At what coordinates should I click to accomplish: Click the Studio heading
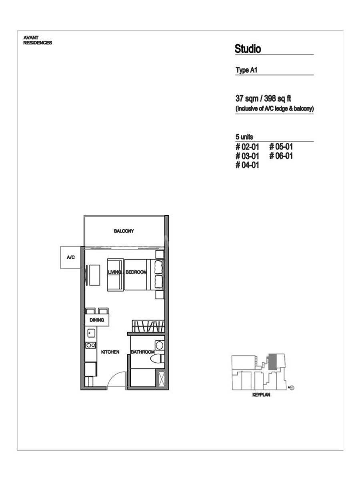point(248,49)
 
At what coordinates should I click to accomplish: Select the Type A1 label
point(246,70)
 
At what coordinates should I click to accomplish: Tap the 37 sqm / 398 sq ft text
point(263,99)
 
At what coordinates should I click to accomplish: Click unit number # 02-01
point(247,146)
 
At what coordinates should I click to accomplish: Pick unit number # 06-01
point(281,156)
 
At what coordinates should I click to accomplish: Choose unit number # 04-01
point(247,165)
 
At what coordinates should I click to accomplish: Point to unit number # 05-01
point(281,146)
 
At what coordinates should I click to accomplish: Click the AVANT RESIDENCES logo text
point(38,40)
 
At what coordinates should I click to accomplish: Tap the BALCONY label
point(124,231)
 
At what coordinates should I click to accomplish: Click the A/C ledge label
point(71,257)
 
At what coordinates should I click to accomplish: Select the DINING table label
point(97,320)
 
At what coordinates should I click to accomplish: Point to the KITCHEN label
point(110,352)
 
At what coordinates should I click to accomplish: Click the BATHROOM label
point(143,352)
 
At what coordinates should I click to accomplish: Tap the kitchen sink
point(91,333)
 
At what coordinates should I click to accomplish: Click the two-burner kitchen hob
point(91,345)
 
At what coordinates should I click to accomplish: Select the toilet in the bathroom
point(157,358)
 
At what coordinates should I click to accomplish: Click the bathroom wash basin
point(159,346)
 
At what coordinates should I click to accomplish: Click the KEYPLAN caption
point(261,395)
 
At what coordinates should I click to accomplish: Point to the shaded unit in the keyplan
point(272,362)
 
